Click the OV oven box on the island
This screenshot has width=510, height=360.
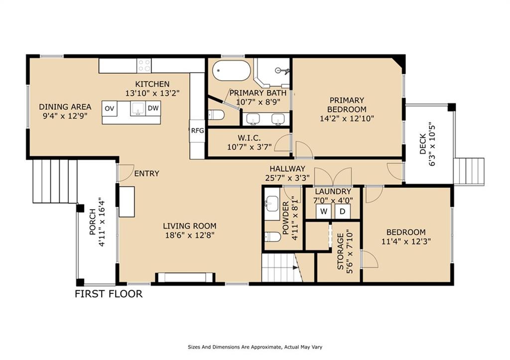(x=110, y=109)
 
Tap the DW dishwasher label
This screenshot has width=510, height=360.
(x=153, y=108)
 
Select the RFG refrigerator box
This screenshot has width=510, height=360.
(x=197, y=131)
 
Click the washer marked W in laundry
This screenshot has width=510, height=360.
(x=324, y=212)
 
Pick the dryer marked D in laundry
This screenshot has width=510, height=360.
(x=343, y=212)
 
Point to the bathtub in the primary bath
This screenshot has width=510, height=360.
(x=232, y=71)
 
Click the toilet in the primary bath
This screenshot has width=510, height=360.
(x=216, y=115)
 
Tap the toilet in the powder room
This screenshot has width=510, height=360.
(x=272, y=237)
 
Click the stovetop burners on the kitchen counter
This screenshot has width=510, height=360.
(x=144, y=65)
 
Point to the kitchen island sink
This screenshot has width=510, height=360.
(x=138, y=109)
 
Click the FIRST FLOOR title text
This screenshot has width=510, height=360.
(x=109, y=294)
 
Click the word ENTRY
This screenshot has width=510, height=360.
(x=147, y=174)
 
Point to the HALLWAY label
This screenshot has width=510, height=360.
(x=287, y=169)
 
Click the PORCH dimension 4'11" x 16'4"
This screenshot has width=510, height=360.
(x=102, y=222)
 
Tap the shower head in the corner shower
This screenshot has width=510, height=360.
(x=280, y=70)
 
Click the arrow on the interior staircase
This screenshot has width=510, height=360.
(x=295, y=268)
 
